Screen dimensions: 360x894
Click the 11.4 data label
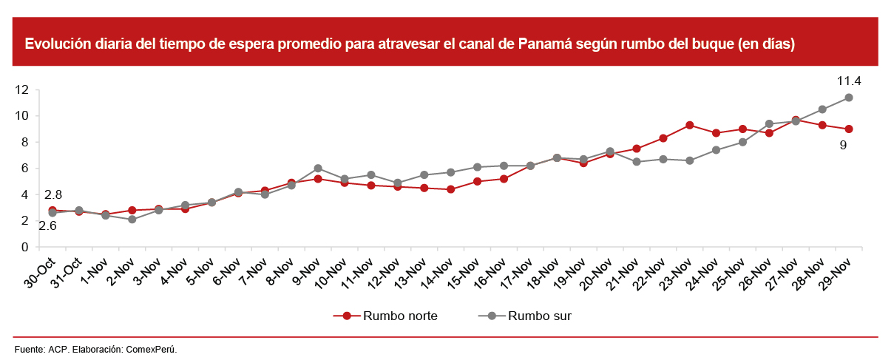click(849, 81)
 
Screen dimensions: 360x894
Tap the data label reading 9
click(843, 146)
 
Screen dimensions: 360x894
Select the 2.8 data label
click(53, 195)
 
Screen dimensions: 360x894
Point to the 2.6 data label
click(47, 226)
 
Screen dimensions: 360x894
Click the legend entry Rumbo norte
click(400, 316)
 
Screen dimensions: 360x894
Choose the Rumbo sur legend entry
click(539, 316)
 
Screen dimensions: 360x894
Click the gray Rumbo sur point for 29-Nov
click(849, 98)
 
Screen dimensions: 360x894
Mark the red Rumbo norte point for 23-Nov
click(689, 125)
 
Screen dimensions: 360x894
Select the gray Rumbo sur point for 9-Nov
click(318, 169)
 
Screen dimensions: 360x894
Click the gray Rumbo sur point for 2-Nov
click(132, 220)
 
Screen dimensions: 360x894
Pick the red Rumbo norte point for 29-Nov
click(849, 129)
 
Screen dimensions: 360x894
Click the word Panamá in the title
click(549, 44)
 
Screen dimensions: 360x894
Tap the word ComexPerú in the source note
click(152, 348)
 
